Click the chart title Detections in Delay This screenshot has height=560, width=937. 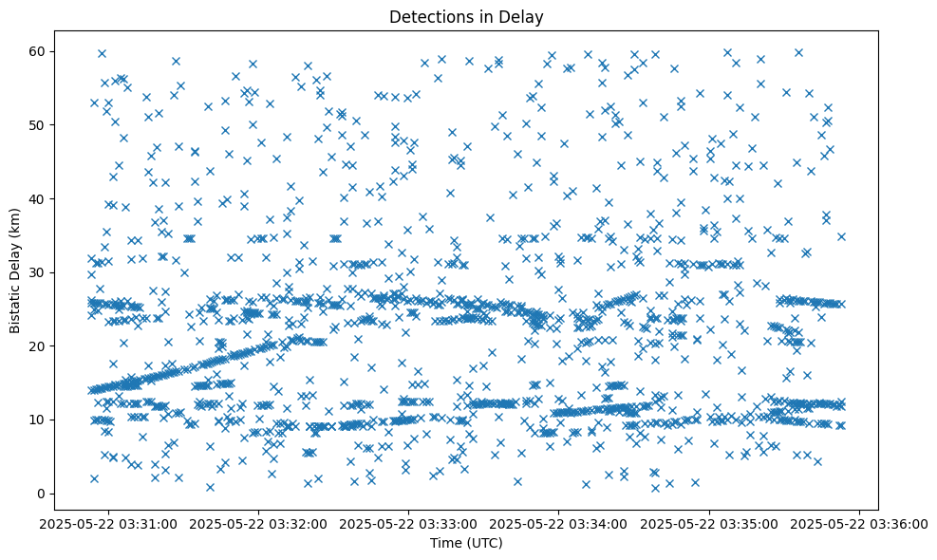(467, 16)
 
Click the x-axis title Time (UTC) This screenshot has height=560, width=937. (467, 544)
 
